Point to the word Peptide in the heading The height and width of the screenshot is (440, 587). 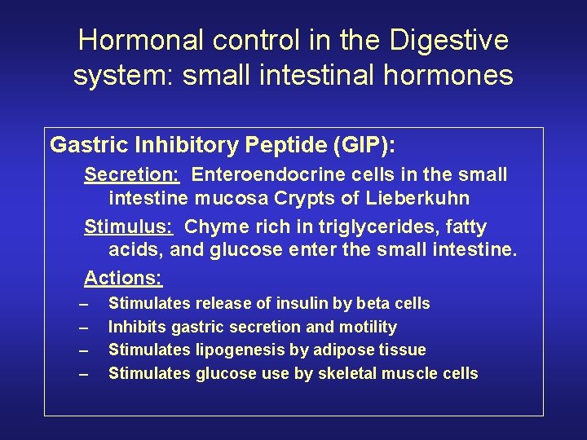tap(266, 145)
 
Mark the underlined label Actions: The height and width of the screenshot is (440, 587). tap(123, 278)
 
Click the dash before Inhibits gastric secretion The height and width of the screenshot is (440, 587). tap(83, 327)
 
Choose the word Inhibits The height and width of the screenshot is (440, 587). tap(135, 327)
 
